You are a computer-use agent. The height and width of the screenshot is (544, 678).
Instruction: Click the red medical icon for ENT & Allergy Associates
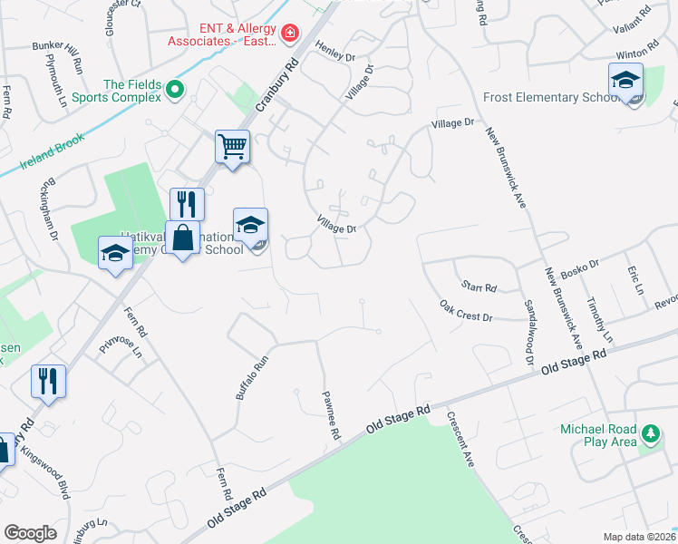tap(290, 34)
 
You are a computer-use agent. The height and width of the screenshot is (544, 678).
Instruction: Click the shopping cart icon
tap(232, 146)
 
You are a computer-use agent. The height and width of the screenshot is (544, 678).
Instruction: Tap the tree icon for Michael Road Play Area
tap(649, 434)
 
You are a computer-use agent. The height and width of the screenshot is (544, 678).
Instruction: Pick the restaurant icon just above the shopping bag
tap(187, 203)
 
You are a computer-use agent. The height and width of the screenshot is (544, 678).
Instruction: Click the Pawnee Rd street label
tap(331, 415)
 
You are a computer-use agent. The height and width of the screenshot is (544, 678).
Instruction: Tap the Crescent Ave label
tap(460, 439)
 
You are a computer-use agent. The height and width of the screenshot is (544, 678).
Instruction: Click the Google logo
tap(31, 533)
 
